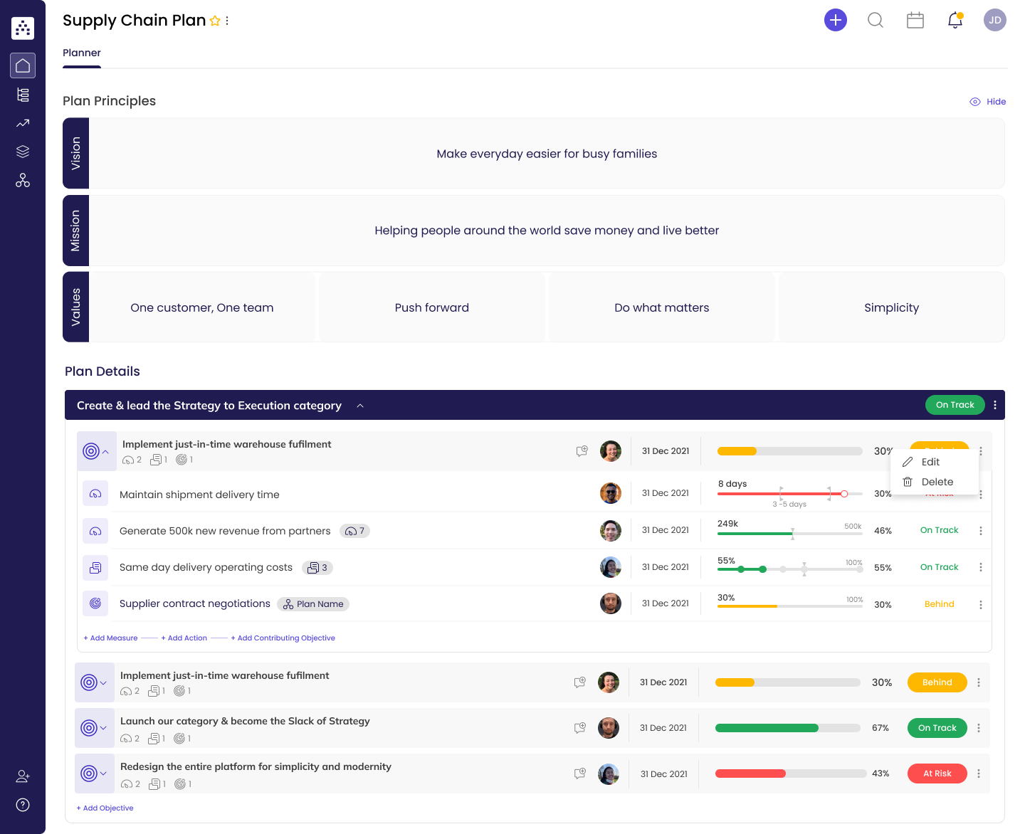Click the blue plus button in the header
[x=836, y=20]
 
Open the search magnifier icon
[x=876, y=20]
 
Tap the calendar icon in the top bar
[x=915, y=20]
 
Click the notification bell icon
[x=955, y=20]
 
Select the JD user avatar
[x=994, y=20]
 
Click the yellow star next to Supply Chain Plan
[x=215, y=21]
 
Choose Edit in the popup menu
[x=930, y=462]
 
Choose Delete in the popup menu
[x=937, y=482]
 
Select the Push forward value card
[x=432, y=307]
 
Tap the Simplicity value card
[x=891, y=307]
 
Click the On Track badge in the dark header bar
[x=955, y=405]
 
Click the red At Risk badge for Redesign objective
[x=937, y=774]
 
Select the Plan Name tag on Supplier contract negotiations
[x=313, y=604]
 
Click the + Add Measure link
[x=111, y=638]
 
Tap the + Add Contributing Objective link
[x=283, y=638]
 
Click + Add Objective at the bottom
[x=105, y=808]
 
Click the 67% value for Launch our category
[x=881, y=728]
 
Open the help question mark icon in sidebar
[x=23, y=805]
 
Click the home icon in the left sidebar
[x=23, y=65]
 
